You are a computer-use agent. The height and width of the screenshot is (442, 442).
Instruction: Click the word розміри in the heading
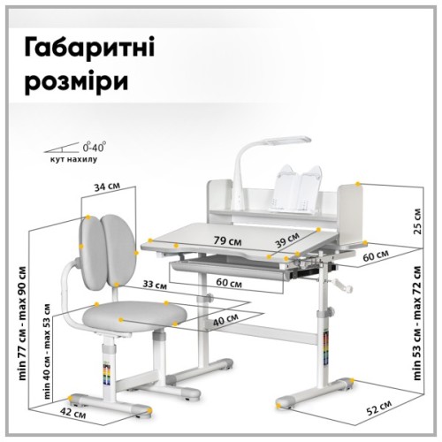pyautogui.click(x=81, y=81)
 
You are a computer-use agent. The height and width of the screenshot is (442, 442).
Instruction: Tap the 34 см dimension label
pyautogui.click(x=109, y=187)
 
